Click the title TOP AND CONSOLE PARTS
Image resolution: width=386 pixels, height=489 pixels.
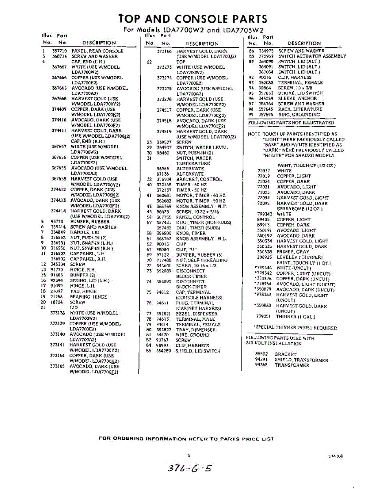click(x=193, y=19)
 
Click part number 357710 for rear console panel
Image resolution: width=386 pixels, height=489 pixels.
click(x=59, y=51)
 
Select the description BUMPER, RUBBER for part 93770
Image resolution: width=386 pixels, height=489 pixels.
click(x=90, y=222)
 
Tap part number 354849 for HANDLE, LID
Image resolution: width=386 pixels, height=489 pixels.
click(x=58, y=232)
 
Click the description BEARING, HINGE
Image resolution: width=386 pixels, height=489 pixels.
click(x=88, y=297)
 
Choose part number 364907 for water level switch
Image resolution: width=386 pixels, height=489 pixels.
click(x=164, y=148)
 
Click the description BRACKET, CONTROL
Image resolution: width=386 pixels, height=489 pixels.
click(x=199, y=179)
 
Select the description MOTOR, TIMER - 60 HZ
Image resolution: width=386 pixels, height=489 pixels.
click(x=201, y=196)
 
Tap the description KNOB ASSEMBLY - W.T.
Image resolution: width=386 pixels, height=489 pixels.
click(x=198, y=207)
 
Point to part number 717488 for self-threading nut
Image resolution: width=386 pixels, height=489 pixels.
click(x=164, y=260)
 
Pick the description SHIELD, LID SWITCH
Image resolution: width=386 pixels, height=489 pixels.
click(x=198, y=351)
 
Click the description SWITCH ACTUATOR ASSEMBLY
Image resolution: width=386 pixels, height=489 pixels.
click(x=312, y=56)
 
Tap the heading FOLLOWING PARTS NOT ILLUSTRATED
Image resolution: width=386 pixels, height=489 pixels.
click(x=291, y=123)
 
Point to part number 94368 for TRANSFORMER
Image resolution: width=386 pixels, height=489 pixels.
click(x=261, y=366)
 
